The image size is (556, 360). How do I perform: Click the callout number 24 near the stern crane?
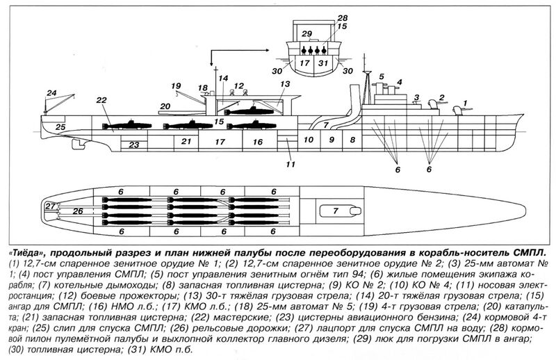click(51, 93)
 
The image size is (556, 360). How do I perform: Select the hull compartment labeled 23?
click(133, 145)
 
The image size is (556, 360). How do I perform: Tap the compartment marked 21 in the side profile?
click(186, 142)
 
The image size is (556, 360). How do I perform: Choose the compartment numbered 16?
click(258, 142)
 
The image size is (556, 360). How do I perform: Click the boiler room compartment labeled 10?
click(309, 140)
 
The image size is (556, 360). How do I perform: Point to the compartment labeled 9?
click(332, 140)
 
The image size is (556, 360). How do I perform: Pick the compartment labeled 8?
click(352, 140)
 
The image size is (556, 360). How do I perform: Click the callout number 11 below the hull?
click(291, 165)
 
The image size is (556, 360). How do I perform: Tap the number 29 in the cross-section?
click(306, 33)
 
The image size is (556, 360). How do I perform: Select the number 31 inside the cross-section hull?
click(323, 63)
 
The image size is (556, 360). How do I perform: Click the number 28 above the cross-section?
click(343, 18)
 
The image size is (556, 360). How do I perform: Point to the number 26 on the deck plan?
click(78, 211)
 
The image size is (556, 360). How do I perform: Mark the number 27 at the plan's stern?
click(51, 206)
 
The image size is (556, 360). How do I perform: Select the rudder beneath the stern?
click(78, 144)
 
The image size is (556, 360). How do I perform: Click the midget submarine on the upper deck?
click(250, 111)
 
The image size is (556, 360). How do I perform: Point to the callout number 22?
click(101, 100)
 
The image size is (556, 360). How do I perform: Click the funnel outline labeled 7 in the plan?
click(341, 211)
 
